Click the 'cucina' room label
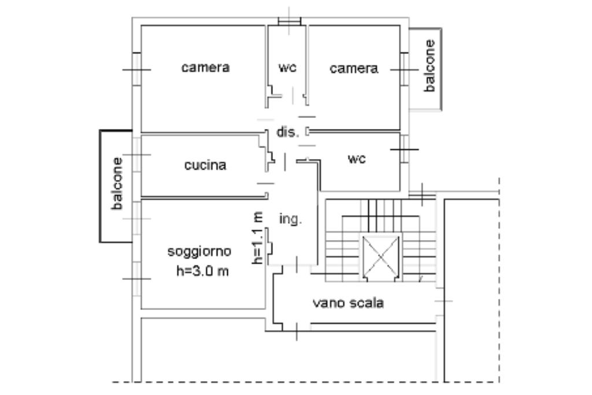205,165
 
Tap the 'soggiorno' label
199,252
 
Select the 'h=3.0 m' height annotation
202,271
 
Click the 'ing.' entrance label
290,219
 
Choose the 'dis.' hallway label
287,132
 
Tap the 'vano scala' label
348,303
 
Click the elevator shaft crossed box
379,256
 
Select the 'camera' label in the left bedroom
205,68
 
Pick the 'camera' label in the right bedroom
354,69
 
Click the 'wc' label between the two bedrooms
287,68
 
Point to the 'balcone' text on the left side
117,183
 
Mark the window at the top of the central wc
290,21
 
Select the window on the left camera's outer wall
136,69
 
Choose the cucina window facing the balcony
136,154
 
